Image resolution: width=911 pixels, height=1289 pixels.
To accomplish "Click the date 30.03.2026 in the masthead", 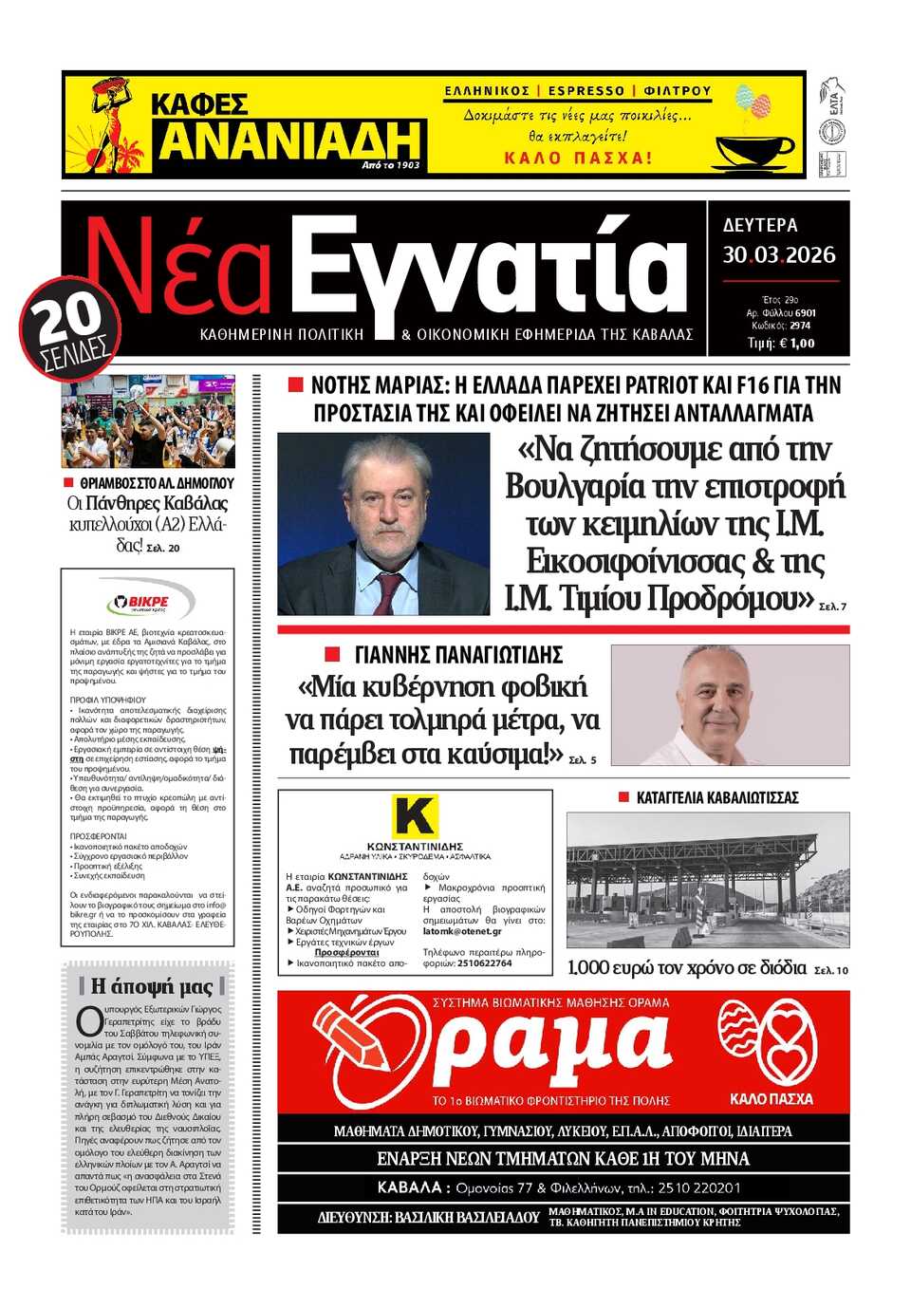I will tap(778, 254).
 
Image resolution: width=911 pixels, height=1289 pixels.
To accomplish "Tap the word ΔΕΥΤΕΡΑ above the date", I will tap(760, 225).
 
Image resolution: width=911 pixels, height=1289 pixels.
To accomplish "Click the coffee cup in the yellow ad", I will tap(753, 150).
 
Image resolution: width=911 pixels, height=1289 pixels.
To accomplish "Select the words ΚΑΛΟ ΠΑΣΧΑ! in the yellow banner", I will tap(578, 158).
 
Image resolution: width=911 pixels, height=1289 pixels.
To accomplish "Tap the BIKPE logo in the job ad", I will tap(149, 602).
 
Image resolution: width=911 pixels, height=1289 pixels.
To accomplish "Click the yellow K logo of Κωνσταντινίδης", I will tap(415, 816).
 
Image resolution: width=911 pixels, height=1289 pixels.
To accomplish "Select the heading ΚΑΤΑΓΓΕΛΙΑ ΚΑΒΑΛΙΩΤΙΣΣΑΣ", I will tap(717, 797).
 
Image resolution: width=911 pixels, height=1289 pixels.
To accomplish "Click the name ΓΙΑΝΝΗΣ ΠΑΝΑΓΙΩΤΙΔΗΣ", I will tap(458, 655).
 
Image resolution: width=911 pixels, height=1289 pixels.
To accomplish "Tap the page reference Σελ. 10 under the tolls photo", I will tap(831, 970).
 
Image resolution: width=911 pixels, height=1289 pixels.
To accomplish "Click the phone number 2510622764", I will tap(484, 962).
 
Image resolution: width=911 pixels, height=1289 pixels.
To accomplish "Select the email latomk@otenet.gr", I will tap(462, 931).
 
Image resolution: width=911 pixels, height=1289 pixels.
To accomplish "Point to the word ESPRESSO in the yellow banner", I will tap(586, 91).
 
